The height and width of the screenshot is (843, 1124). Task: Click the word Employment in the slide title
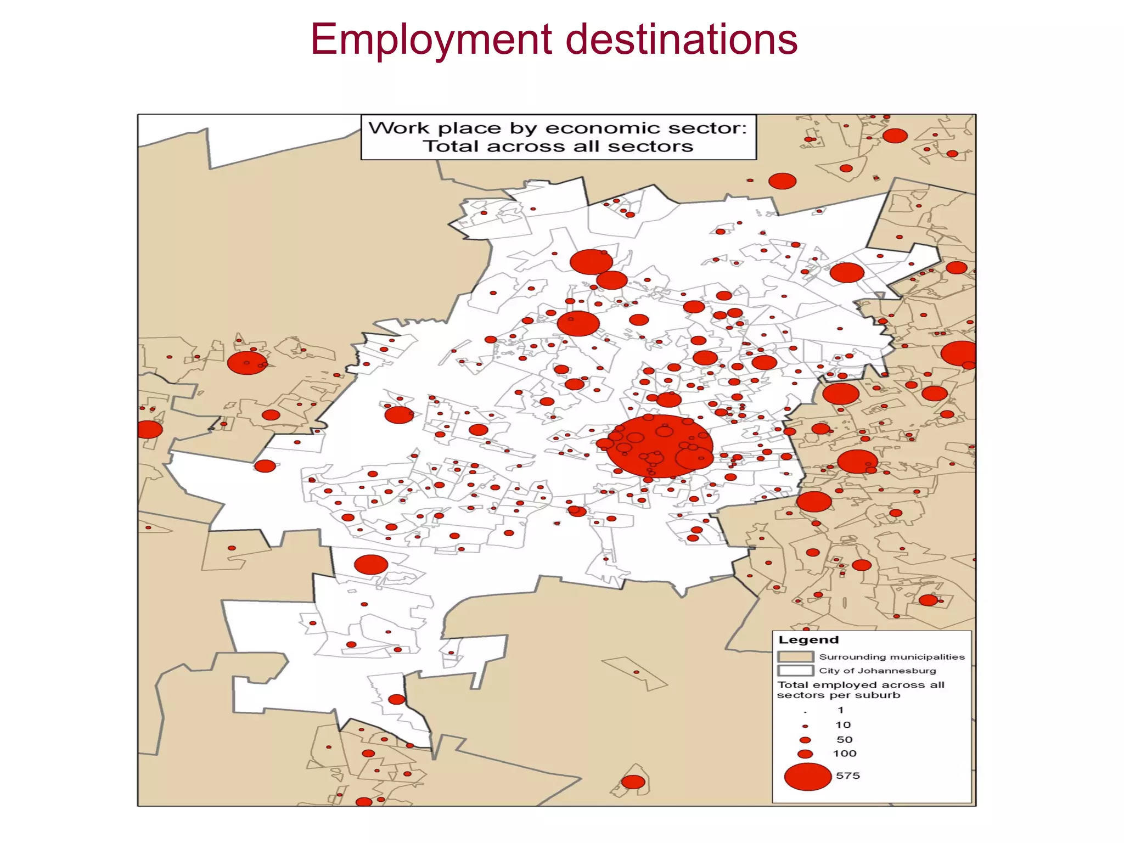(x=431, y=40)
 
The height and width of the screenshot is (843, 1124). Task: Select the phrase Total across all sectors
(x=558, y=147)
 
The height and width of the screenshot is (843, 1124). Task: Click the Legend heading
(x=808, y=640)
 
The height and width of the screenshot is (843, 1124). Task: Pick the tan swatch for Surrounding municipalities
(x=795, y=656)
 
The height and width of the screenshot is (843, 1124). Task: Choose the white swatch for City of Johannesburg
(x=795, y=671)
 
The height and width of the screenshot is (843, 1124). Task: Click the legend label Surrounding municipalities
(x=891, y=657)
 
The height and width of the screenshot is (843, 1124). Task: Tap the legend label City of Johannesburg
(x=877, y=671)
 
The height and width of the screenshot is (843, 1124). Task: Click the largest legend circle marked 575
(x=807, y=777)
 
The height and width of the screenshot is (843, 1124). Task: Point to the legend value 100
(x=844, y=754)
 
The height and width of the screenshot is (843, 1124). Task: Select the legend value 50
(x=844, y=740)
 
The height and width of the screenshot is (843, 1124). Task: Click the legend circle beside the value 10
(x=805, y=726)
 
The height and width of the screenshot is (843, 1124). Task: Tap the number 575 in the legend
(x=847, y=775)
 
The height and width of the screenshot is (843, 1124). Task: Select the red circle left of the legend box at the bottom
(x=633, y=782)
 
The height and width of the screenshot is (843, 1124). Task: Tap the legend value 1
(x=840, y=710)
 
